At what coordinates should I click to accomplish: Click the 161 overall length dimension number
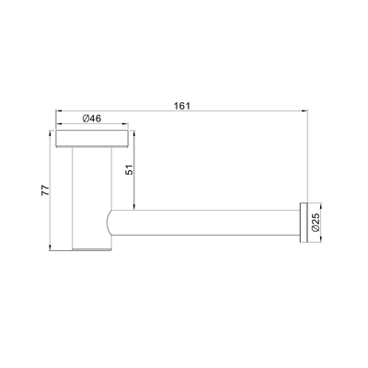pyautogui.click(x=181, y=106)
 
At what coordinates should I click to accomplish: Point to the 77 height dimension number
pyautogui.click(x=40, y=190)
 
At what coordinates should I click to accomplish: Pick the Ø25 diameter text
pyautogui.click(x=316, y=222)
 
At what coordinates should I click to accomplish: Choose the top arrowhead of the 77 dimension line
pyautogui.click(x=50, y=133)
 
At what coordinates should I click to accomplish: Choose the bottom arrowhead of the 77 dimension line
pyautogui.click(x=50, y=249)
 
